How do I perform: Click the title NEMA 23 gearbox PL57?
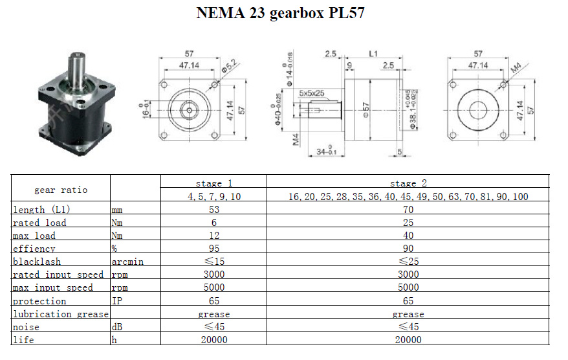280,13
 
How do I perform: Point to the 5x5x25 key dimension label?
312,93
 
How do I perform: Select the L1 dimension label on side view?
373,54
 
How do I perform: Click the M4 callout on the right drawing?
516,68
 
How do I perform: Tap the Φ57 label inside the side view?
366,109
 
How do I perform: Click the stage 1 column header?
213,183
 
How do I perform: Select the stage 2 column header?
408,183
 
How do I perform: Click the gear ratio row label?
61,190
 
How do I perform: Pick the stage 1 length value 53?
213,210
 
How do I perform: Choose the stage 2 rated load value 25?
408,223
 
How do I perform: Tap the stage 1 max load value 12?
214,236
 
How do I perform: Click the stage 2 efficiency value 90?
408,249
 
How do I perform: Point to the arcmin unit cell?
127,262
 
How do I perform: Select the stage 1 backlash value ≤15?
214,262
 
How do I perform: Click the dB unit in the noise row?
117,326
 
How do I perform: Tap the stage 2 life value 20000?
408,340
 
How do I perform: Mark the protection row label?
39,301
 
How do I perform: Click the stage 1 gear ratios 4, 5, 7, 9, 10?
214,196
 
